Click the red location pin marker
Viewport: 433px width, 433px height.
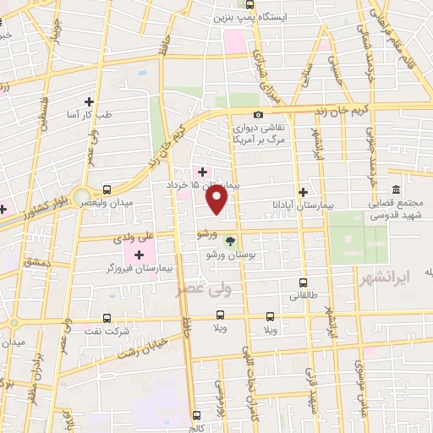tap(217, 200)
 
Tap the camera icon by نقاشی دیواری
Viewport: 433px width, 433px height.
tap(258, 115)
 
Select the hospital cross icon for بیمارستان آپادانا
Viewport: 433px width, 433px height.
tap(303, 192)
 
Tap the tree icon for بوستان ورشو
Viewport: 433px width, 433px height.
tap(229, 242)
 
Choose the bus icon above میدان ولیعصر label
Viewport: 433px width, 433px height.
tap(107, 189)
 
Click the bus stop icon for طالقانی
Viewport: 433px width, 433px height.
tap(302, 283)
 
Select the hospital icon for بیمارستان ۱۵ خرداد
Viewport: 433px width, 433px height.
tap(201, 171)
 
